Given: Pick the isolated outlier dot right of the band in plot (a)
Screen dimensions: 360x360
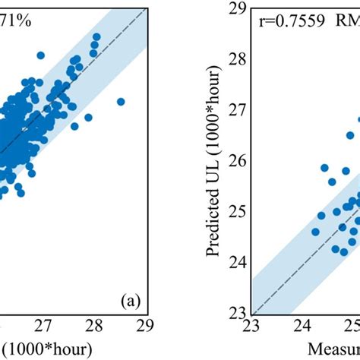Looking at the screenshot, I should [x=120, y=102].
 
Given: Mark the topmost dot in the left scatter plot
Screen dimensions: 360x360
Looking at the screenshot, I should [x=96, y=37].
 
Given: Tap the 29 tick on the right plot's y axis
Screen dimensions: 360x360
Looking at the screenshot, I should [x=237, y=8].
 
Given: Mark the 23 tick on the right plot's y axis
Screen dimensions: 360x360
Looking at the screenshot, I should [x=237, y=312].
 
